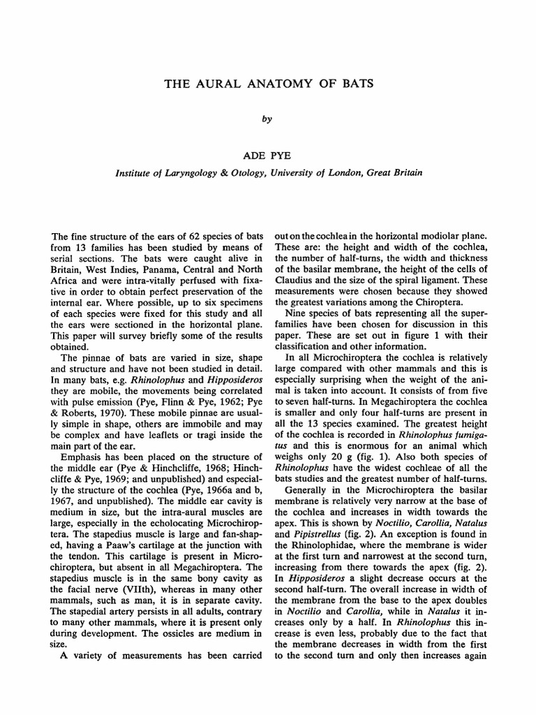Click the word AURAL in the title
228,84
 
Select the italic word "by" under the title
266,119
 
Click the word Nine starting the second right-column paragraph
296,314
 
